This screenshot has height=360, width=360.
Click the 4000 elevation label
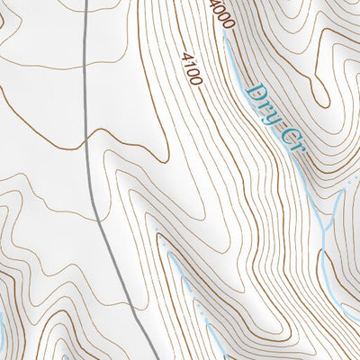point(220,13)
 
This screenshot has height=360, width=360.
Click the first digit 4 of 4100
point(184,56)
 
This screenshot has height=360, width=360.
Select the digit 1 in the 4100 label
point(188,64)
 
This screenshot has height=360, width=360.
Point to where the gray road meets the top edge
point(86,1)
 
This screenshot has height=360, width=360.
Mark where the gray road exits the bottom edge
point(149,358)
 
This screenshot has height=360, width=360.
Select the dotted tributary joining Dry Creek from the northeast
point(346,191)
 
